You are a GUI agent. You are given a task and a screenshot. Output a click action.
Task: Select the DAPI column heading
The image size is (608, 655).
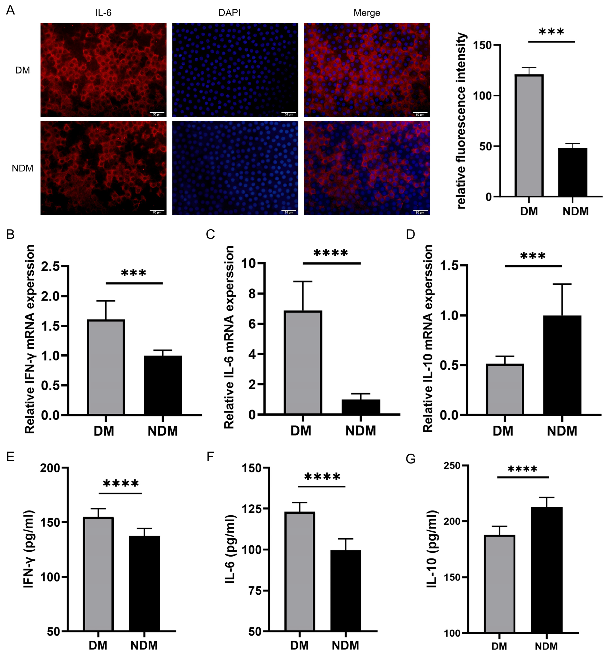(229, 13)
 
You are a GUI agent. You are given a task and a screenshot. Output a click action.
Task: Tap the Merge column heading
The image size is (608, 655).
(367, 13)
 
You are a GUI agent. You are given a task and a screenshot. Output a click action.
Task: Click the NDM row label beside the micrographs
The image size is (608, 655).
(22, 168)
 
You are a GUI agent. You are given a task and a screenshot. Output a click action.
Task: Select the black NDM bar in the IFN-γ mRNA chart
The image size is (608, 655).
(163, 385)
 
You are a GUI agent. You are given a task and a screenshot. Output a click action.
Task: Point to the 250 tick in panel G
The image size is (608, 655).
(452, 466)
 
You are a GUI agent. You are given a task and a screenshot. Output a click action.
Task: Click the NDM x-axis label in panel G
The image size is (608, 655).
(546, 646)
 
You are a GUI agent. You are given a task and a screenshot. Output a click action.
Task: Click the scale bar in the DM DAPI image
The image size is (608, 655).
(289, 113)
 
